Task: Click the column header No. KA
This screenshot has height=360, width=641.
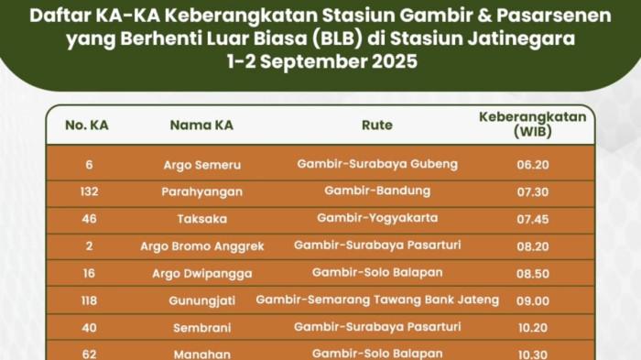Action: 87,125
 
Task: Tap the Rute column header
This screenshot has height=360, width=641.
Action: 377,125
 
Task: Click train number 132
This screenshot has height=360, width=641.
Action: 88,191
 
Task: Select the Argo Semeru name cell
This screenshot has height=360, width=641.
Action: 202,165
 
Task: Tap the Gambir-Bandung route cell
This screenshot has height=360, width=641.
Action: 377,191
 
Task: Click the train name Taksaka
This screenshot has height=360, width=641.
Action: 202,219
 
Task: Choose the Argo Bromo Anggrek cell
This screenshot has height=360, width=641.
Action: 202,246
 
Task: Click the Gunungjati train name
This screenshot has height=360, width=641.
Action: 202,300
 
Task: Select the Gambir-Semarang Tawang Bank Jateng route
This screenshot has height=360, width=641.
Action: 377,300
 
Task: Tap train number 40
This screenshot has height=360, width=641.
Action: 88,328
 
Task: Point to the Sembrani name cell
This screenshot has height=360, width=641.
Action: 202,328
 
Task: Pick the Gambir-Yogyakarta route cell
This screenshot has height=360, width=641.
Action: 377,219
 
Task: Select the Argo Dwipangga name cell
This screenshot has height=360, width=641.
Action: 202,273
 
